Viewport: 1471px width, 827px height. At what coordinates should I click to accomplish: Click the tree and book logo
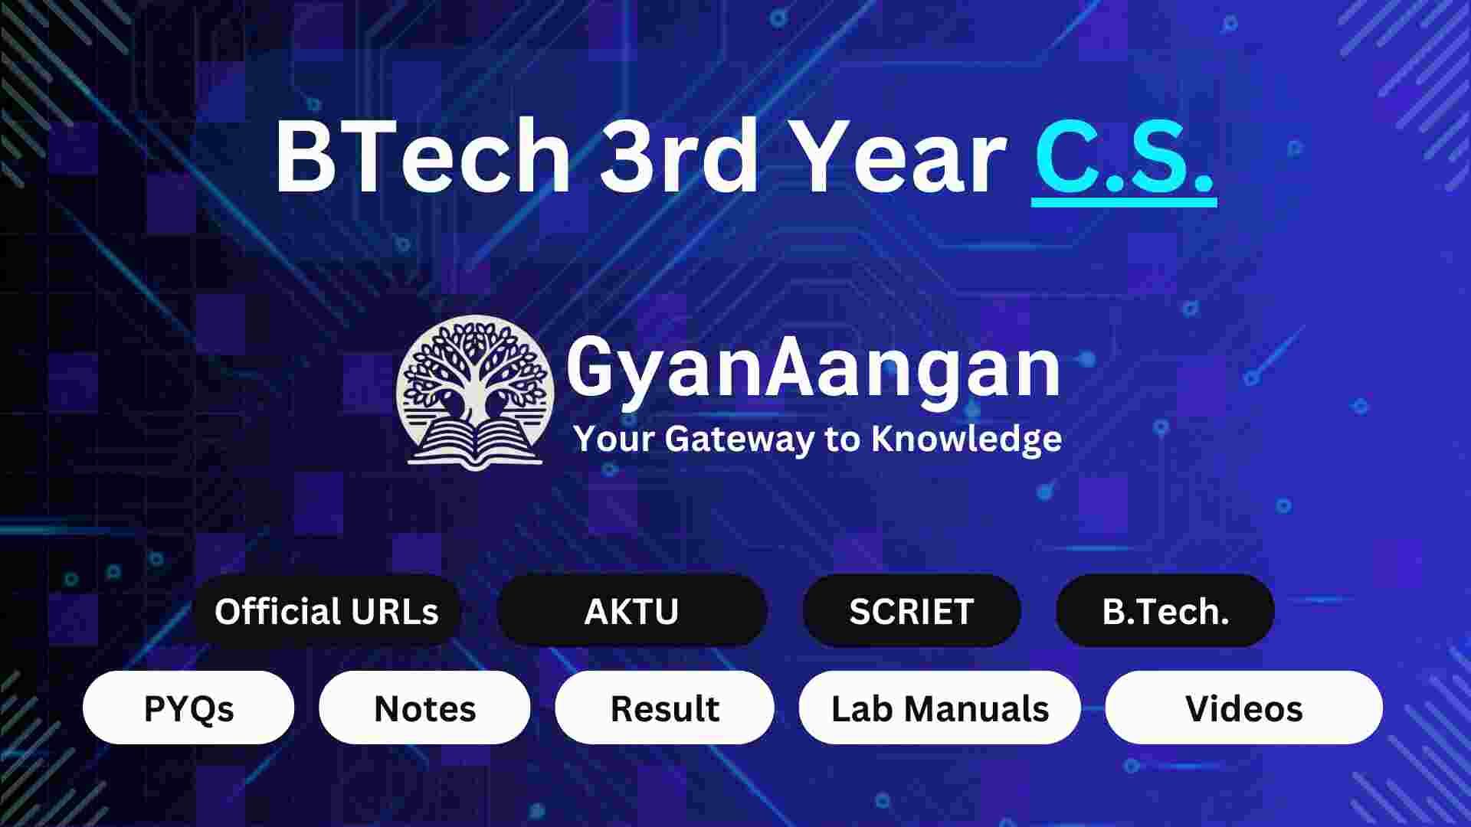click(475, 391)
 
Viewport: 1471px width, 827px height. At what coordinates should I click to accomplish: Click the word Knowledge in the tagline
click(966, 439)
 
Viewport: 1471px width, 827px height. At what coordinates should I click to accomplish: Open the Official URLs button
click(326, 611)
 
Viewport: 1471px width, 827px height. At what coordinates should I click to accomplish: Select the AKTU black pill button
click(631, 611)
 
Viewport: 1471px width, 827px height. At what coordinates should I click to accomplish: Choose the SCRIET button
click(911, 611)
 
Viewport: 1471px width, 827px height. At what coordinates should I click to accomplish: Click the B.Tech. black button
click(1165, 611)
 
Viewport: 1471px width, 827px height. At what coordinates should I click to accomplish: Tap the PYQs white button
click(188, 708)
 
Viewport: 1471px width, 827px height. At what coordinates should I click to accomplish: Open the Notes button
click(424, 708)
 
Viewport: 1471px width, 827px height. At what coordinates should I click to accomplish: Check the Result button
click(664, 708)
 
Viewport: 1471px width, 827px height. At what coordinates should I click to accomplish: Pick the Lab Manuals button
click(939, 708)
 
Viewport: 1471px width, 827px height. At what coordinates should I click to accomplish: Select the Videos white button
click(1243, 708)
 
